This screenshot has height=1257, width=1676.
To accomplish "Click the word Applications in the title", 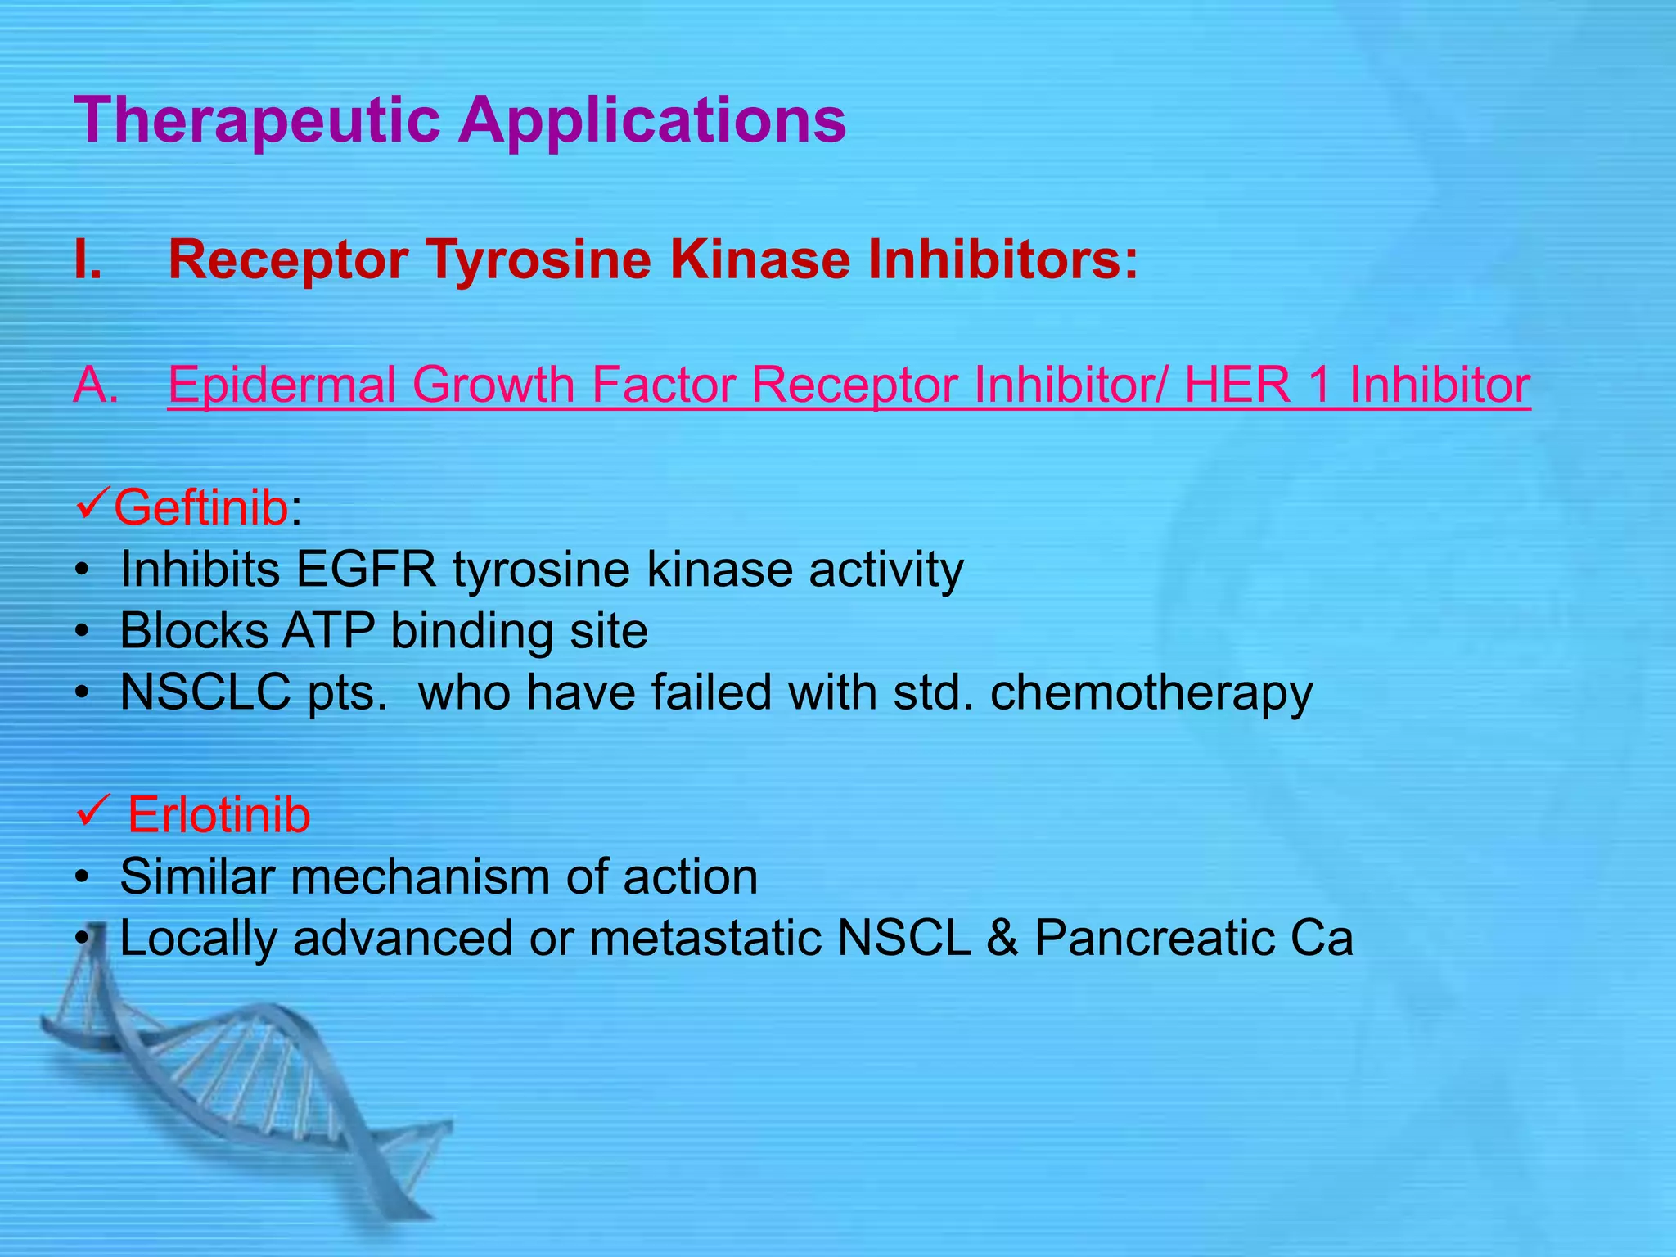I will tap(652, 120).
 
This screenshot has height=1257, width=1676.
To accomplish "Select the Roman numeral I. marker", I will tap(88, 260).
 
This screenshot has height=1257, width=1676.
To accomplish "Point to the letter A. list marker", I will tap(96, 385).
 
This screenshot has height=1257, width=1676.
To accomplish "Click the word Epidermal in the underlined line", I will tap(282, 385).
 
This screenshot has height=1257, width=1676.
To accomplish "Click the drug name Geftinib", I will tap(200, 508).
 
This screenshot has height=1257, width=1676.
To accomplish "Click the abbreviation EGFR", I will tap(366, 570).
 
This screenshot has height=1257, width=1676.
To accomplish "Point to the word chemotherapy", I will tap(1151, 693).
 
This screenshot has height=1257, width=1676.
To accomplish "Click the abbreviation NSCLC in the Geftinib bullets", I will tap(205, 692).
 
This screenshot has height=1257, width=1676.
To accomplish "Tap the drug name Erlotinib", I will tap(219, 816).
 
